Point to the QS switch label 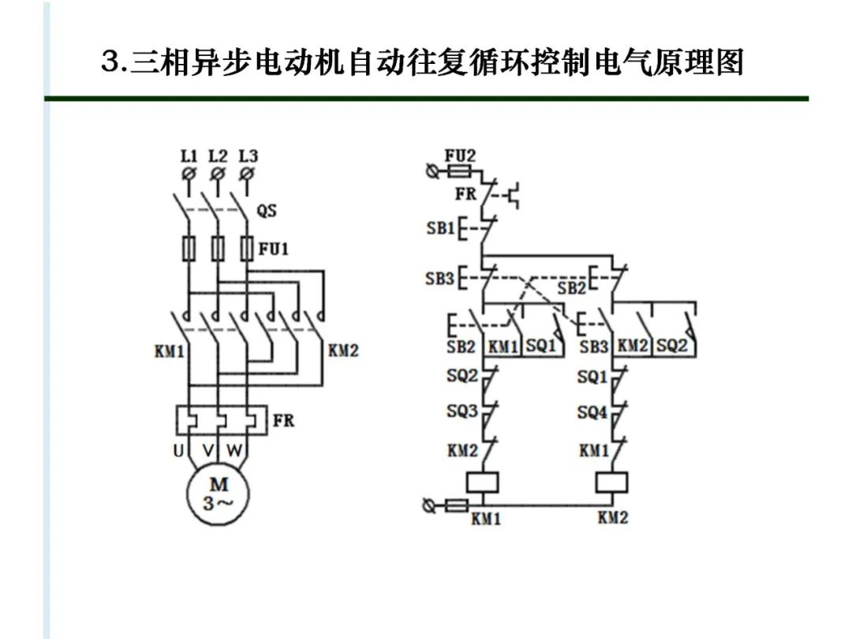pos(267,211)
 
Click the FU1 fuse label pos(274,249)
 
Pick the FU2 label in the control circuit pos(460,155)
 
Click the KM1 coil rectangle pos(481,482)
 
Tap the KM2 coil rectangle pos(612,482)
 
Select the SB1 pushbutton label pos(440,228)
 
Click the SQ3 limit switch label pos(462,411)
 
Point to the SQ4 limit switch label pos(592,411)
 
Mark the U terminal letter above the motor pos(178,451)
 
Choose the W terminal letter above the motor pos(235,451)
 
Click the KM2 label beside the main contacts pos(343,349)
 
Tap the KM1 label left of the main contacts pos(169,349)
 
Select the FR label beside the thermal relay pos(283,420)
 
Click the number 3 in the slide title pos(110,61)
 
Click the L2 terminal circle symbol pos(218,172)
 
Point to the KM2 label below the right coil pos(613,518)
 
